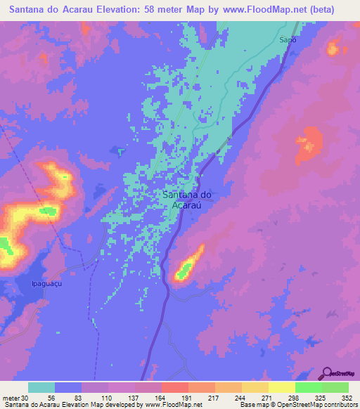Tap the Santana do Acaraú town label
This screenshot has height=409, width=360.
click(x=187, y=200)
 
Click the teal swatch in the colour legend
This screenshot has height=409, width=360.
click(x=41, y=387)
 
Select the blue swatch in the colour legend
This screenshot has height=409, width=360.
click(x=68, y=387)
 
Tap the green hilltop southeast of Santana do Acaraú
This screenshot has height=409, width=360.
click(x=185, y=268)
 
